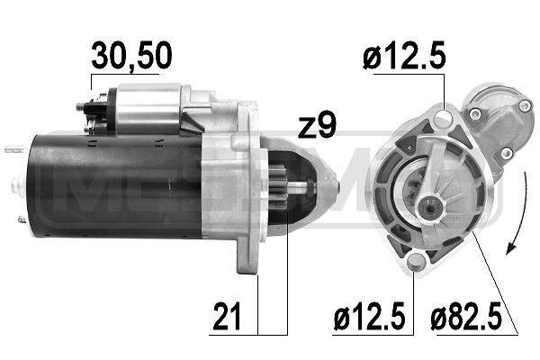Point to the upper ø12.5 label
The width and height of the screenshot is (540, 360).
coord(405,57)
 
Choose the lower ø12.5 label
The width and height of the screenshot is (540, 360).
coord(369,316)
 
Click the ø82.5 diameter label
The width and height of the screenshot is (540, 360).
coord(465,316)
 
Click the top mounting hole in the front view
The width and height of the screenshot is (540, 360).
coord(443,119)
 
